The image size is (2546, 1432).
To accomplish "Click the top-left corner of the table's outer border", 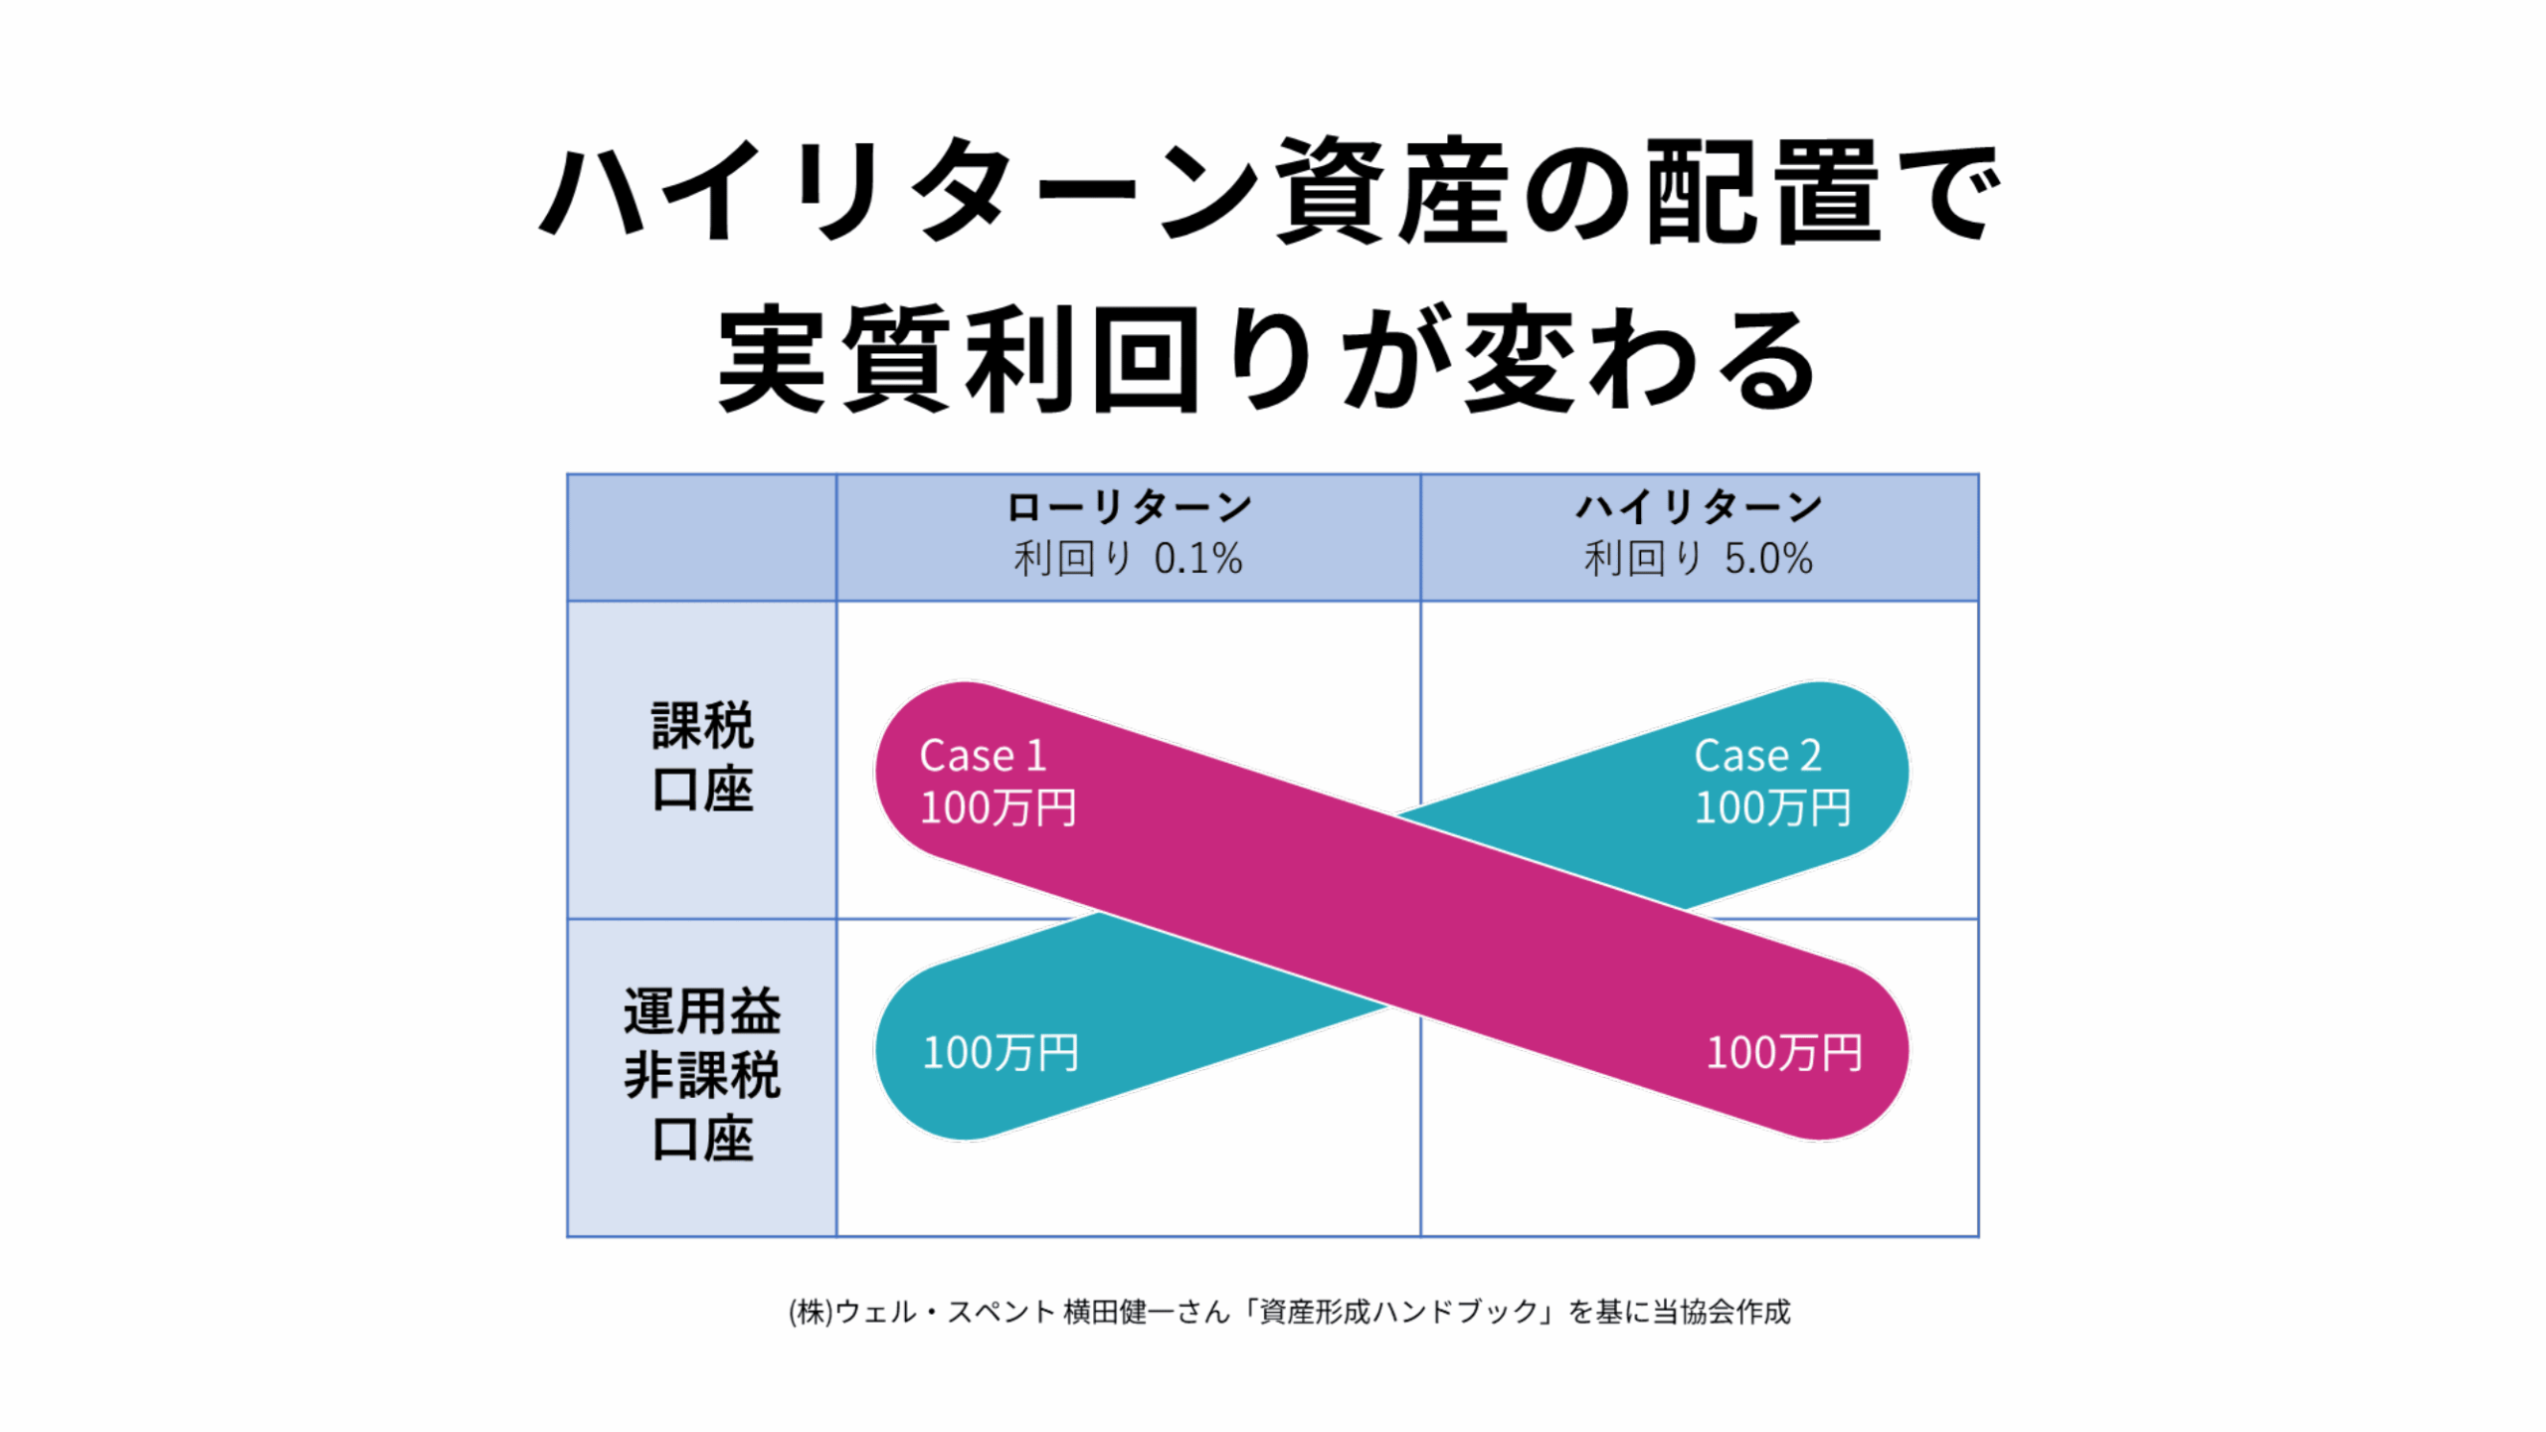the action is pyautogui.click(x=568, y=474).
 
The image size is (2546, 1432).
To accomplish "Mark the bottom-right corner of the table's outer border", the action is pyautogui.click(x=1978, y=1236).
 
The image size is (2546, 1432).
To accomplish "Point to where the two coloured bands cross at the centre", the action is pyautogui.click(x=1392, y=911).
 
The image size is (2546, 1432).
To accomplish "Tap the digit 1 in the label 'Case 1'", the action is pyautogui.click(x=1036, y=756).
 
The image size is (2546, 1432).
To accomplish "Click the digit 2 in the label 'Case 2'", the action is pyautogui.click(x=1810, y=756).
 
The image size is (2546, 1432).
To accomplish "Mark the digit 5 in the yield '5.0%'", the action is pyautogui.click(x=1736, y=559).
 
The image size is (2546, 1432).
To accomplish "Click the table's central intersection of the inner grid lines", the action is pyautogui.click(x=1420, y=919).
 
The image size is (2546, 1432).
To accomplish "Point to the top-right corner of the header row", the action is pyautogui.click(x=1978, y=474).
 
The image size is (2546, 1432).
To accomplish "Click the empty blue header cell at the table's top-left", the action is pyautogui.click(x=702, y=537).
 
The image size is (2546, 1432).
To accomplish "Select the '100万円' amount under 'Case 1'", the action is pyautogui.click(x=999, y=807).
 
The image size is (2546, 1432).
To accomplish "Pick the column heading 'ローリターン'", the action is pyautogui.click(x=1129, y=507).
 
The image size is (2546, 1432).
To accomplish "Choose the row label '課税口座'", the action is pyautogui.click(x=702, y=758).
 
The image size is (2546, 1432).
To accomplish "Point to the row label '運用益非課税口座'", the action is pyautogui.click(x=702, y=1074).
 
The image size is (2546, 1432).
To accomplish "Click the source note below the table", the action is pyautogui.click(x=1289, y=1313).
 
